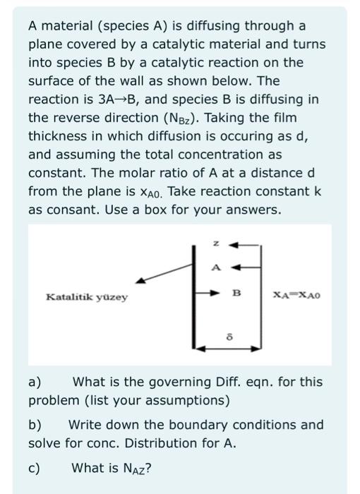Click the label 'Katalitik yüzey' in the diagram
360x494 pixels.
tap(87, 297)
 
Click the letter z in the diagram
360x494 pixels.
tap(217, 243)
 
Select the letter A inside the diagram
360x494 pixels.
tap(217, 267)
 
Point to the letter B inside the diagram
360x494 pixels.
tap(236, 292)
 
